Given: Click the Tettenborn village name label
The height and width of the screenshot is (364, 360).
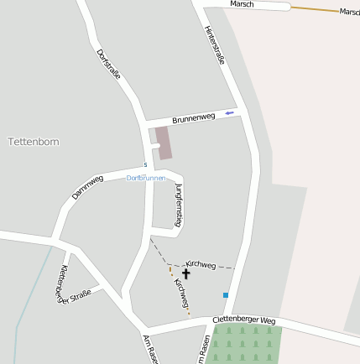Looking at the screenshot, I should (x=34, y=142).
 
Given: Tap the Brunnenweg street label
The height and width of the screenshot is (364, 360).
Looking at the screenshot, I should (x=194, y=119).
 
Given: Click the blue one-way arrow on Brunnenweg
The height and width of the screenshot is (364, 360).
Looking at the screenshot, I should (x=229, y=112).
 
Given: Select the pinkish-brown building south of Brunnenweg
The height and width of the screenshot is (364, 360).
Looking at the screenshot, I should (x=164, y=142).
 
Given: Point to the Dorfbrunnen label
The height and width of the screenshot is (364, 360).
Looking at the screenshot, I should (x=146, y=178).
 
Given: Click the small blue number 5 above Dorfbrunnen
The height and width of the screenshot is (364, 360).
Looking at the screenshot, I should (x=145, y=164).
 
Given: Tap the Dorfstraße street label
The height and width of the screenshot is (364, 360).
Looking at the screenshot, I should (x=108, y=64).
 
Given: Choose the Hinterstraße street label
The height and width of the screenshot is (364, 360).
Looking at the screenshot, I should (x=215, y=44).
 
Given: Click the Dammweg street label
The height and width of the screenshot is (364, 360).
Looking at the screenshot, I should (x=87, y=187).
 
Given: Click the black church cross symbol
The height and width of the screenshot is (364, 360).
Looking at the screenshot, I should (x=185, y=273).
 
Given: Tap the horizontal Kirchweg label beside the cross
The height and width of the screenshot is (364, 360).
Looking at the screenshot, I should (x=201, y=264).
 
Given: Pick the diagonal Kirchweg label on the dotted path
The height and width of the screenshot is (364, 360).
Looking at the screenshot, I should (x=181, y=293).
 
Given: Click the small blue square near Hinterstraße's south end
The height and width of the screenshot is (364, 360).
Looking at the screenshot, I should (x=225, y=295).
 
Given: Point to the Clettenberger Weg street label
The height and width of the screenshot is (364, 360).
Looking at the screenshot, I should (x=243, y=320).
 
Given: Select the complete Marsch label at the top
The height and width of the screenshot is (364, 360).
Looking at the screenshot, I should (x=242, y=4).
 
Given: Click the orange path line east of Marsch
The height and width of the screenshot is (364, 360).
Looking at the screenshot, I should (x=315, y=9).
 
